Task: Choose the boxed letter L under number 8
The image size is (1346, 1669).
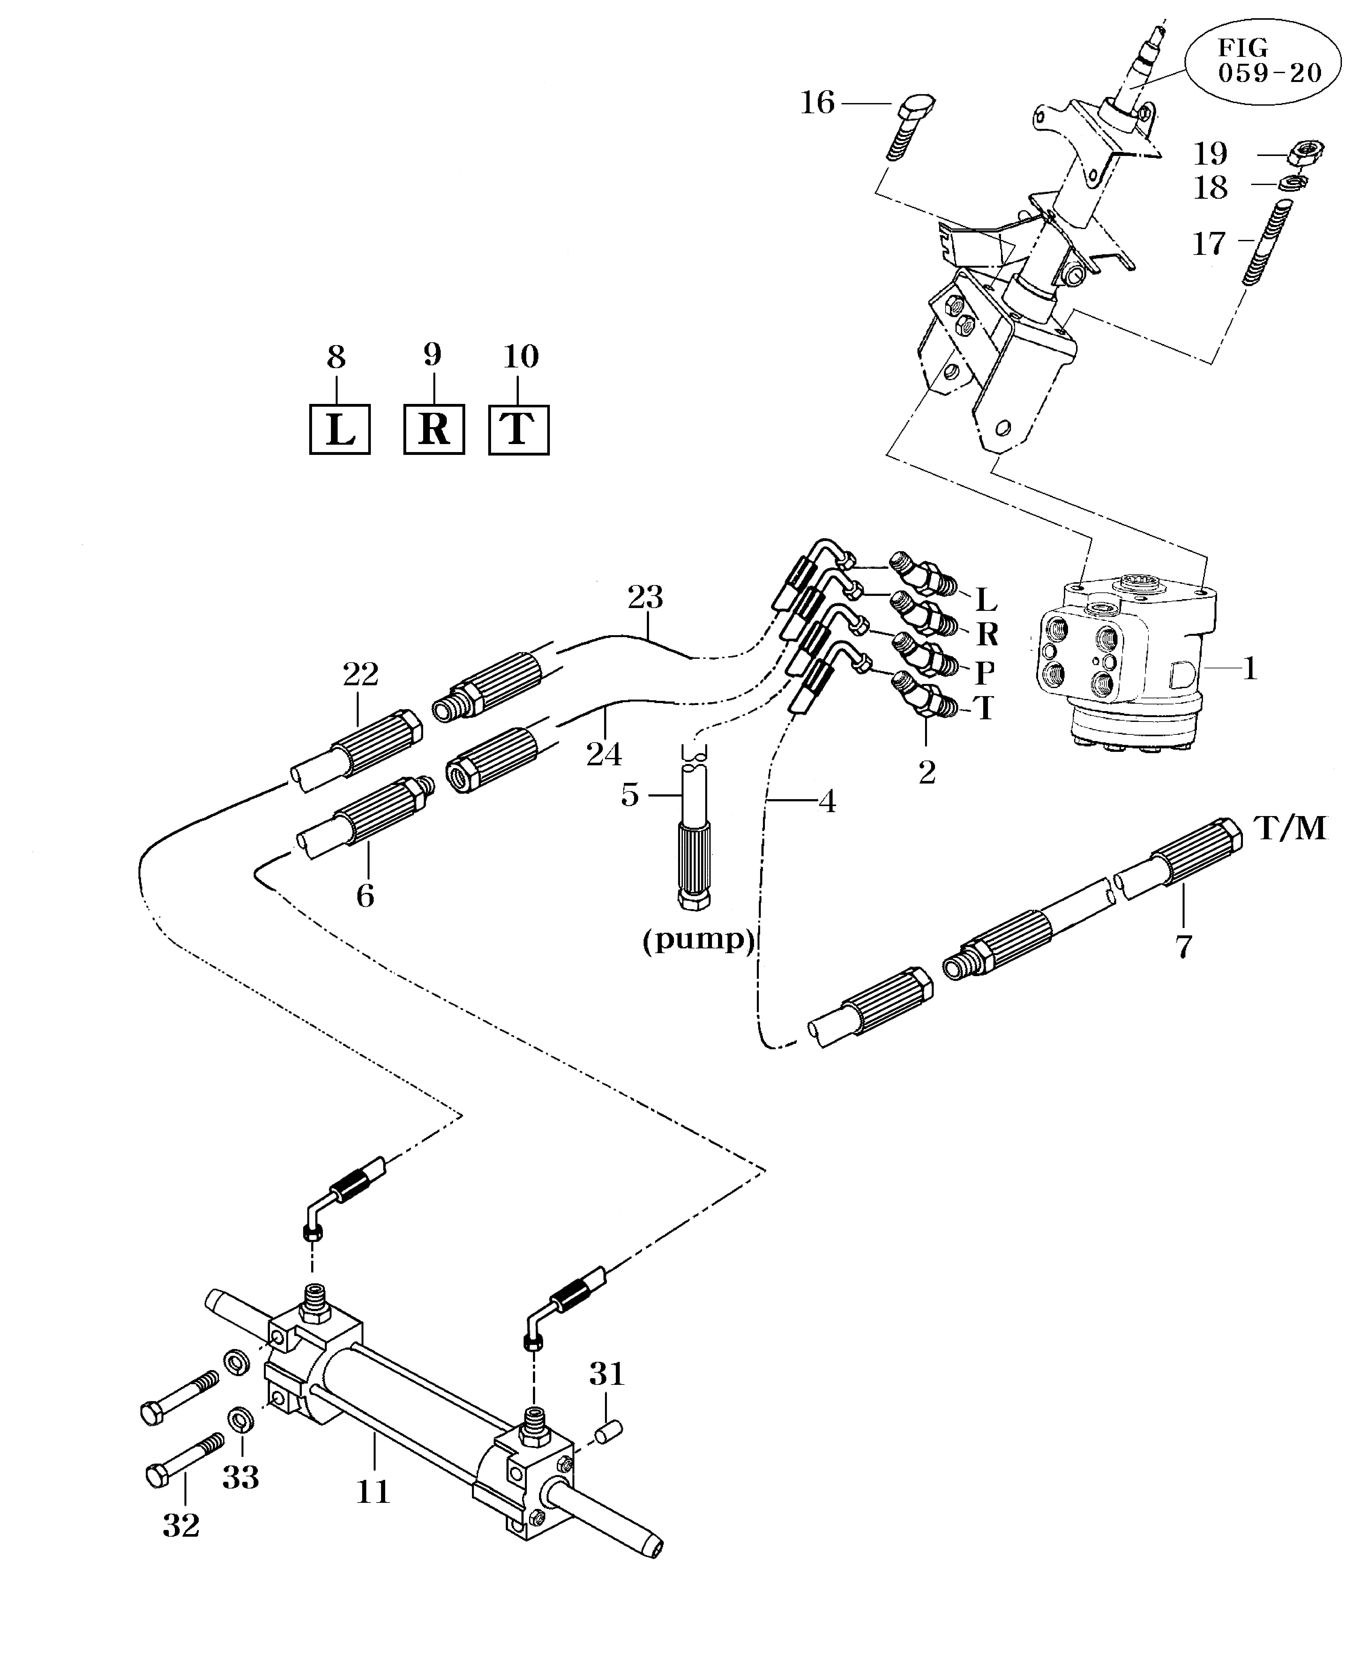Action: pos(340,430)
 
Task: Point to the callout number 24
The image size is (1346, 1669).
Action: pos(604,754)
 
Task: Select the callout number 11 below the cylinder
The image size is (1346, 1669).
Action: pos(373,1492)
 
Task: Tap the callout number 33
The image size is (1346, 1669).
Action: pos(240,1477)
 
